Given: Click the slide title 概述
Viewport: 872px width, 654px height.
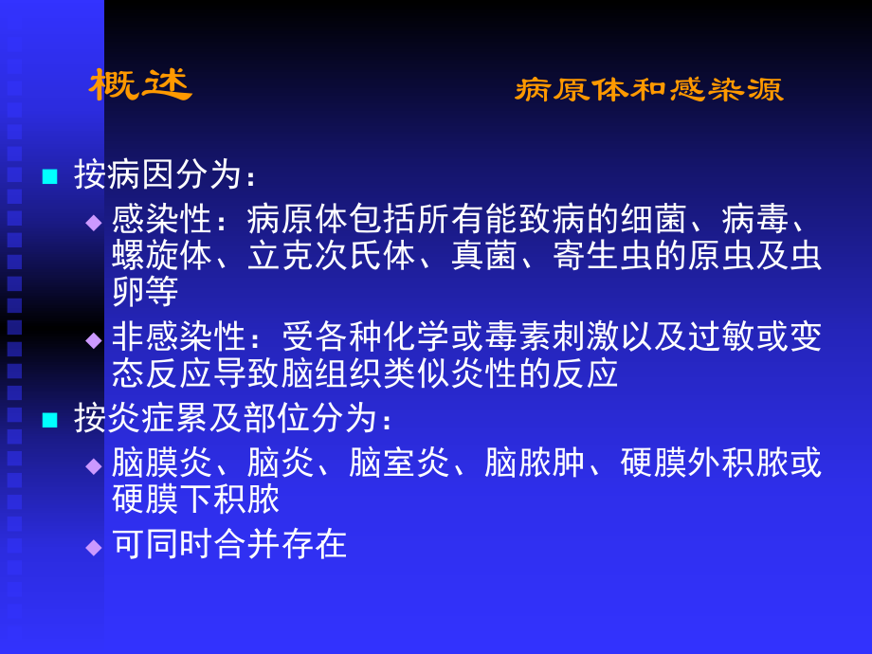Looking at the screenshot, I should coord(140,85).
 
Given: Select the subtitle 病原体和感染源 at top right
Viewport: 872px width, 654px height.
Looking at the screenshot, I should coord(649,90).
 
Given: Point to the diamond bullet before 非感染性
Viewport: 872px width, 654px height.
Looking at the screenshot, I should coord(93,339).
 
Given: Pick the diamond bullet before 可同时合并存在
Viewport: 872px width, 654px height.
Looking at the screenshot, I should coord(93,546).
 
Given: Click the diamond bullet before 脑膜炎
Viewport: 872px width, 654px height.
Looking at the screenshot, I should coord(93,464).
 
